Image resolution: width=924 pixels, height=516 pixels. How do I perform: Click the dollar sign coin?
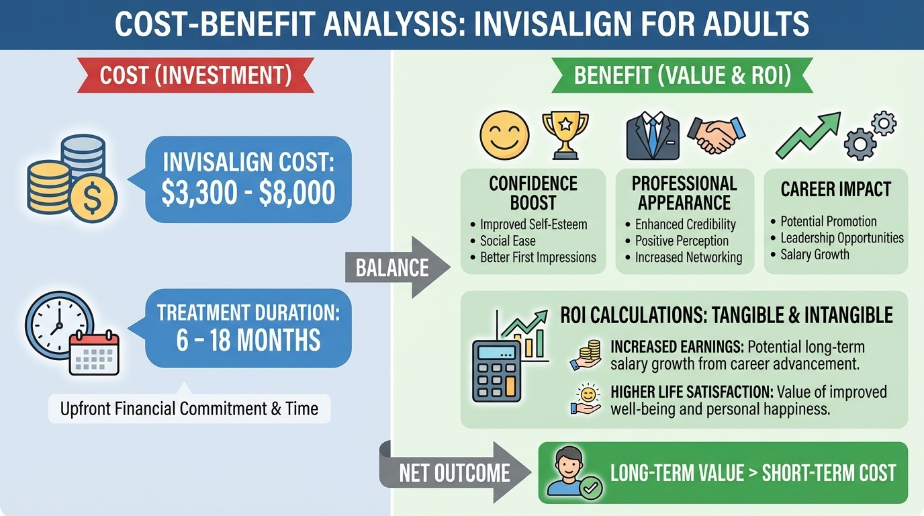coord(94,199)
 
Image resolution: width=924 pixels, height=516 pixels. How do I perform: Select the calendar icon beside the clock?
coord(94,354)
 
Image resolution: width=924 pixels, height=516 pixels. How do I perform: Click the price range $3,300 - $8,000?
coord(248,193)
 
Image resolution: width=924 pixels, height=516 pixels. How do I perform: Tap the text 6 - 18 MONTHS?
coord(248,341)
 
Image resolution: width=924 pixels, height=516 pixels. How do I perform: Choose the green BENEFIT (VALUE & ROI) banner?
coord(682,75)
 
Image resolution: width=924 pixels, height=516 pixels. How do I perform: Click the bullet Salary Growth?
coord(815,255)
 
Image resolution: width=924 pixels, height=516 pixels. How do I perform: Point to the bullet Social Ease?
coord(508,241)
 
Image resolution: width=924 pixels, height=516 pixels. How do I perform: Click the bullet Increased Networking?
coord(688,257)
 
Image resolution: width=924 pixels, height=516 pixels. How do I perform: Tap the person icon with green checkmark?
coord(569,473)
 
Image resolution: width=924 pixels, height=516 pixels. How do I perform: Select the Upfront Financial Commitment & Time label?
coord(189,408)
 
